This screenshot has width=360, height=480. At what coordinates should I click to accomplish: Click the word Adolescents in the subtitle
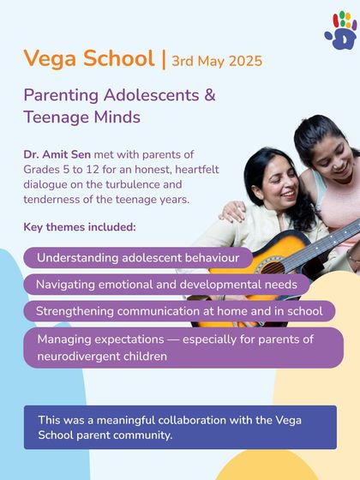(x=154, y=95)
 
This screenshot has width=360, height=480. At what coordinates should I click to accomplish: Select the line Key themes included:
(x=80, y=227)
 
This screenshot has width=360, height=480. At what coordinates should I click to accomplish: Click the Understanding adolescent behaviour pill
(x=137, y=258)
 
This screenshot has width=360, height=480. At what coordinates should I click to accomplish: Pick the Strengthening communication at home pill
(x=179, y=311)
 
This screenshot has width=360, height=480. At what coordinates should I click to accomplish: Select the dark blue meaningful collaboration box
(x=179, y=427)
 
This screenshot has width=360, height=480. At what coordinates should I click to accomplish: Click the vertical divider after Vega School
(x=164, y=60)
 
